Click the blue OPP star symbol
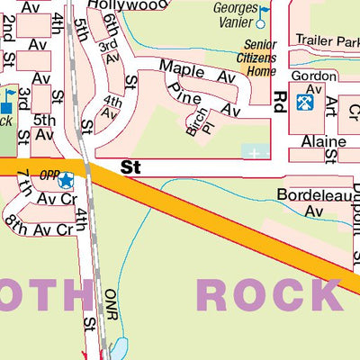pos(65,181)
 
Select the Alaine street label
pos(323,141)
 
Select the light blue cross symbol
pos(255,153)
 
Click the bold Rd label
pos(280,98)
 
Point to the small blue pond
pos(121,346)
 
